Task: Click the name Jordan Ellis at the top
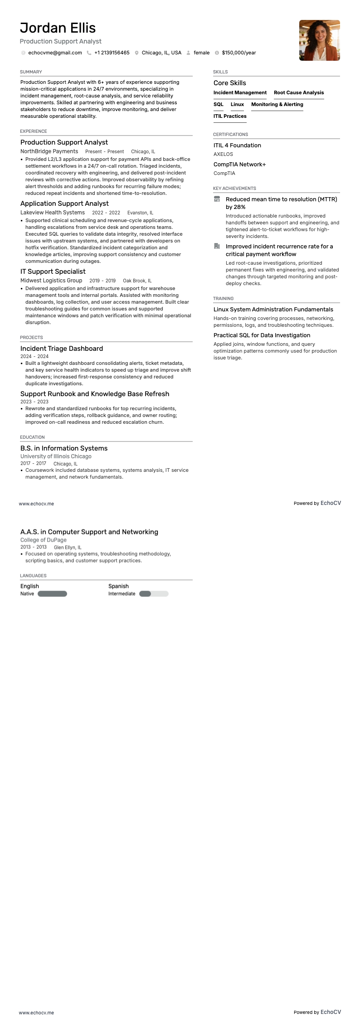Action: (58, 28)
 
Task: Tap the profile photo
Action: (319, 40)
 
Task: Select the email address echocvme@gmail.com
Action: (55, 53)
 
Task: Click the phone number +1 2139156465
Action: (112, 53)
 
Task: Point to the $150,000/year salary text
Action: (239, 53)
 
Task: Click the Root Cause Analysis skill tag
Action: (299, 93)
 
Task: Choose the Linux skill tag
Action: (237, 105)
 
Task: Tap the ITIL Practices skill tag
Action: (230, 116)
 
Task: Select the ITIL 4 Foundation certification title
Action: (237, 145)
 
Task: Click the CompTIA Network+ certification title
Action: (239, 165)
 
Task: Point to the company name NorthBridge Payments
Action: (49, 151)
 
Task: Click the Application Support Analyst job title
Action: (64, 204)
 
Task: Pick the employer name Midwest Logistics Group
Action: (51, 281)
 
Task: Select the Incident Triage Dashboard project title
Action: (62, 349)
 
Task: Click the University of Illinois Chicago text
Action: (56, 456)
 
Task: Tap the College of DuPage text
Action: (44, 540)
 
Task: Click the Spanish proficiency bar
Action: (154, 594)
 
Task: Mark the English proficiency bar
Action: (52, 594)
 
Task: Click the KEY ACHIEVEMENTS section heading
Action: (234, 189)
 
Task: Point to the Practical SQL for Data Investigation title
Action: (262, 335)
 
